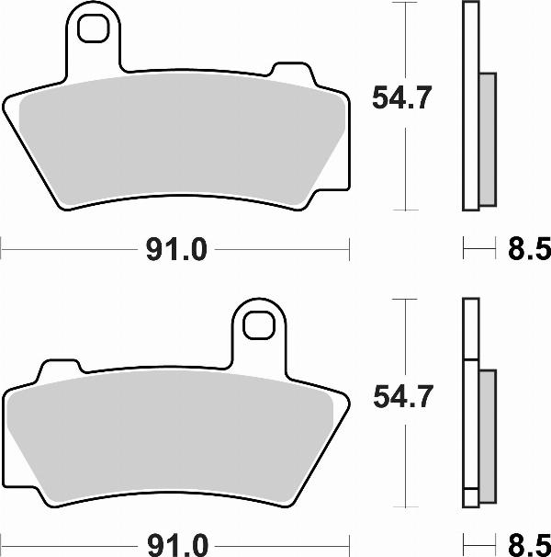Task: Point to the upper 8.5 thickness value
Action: click(528, 248)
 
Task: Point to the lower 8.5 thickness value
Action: click(528, 544)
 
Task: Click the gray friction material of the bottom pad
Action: click(174, 437)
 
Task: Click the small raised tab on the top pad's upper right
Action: click(293, 73)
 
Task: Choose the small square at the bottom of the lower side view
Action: click(470, 498)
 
